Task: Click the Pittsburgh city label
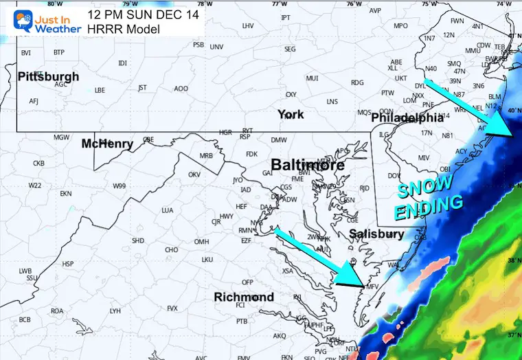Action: [48, 76]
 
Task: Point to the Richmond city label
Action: [244, 297]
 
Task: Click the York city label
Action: [291, 114]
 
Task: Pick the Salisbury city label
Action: [376, 234]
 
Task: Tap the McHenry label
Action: [106, 144]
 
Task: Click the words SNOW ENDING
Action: [427, 197]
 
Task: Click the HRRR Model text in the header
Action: [123, 29]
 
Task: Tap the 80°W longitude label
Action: [50, 3]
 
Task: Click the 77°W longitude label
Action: [279, 3]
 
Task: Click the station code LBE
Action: [100, 90]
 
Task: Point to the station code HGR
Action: [225, 132]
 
